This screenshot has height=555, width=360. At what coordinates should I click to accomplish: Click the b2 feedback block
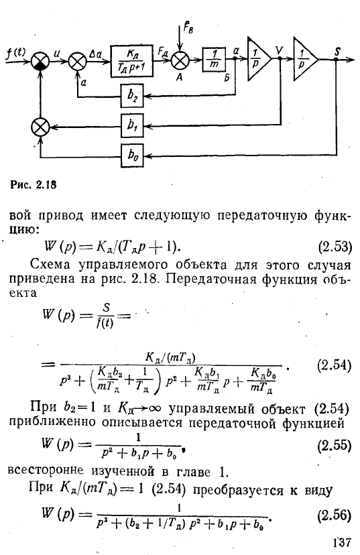(x=132, y=96)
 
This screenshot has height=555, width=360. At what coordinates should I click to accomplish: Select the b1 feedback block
(x=132, y=125)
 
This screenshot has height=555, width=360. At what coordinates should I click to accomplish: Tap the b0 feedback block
(x=132, y=155)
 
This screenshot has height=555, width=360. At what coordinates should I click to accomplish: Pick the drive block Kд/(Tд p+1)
(x=131, y=60)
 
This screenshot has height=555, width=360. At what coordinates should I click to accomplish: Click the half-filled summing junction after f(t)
(x=40, y=61)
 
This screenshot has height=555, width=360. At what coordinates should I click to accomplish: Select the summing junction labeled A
(x=180, y=60)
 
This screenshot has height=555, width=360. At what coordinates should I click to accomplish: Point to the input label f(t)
(x=16, y=52)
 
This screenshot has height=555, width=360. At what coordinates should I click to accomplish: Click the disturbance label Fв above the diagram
(x=188, y=26)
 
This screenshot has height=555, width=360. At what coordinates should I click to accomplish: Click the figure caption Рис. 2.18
(x=34, y=184)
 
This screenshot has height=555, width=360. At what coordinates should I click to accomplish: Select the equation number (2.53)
(x=335, y=247)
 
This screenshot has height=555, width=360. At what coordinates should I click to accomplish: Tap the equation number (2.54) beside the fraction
(x=334, y=365)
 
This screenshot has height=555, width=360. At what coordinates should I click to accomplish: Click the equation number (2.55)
(x=334, y=445)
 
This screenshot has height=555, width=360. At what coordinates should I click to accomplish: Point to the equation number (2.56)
(x=334, y=515)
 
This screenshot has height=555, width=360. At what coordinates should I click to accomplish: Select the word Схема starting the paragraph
(x=52, y=264)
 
